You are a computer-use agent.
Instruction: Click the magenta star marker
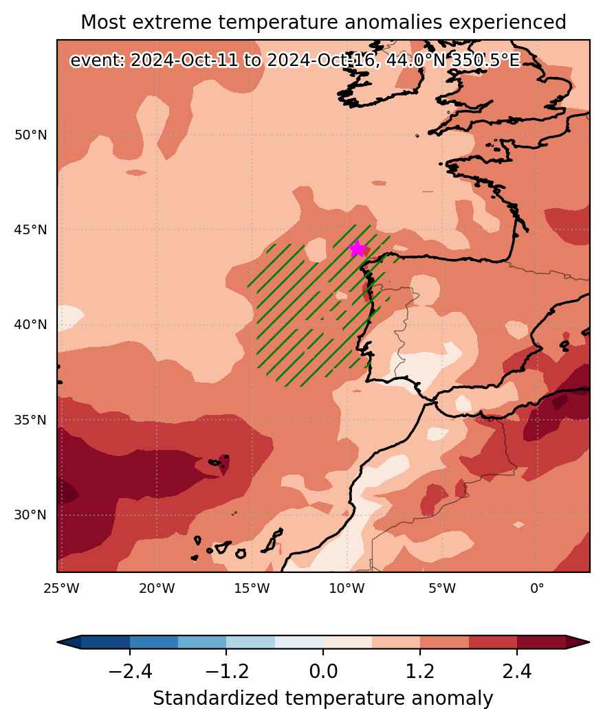pyautogui.click(x=358, y=249)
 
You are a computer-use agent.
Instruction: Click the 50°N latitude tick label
pyautogui.click(x=30, y=135)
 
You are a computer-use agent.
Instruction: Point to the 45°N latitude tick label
pyautogui.click(x=30, y=229)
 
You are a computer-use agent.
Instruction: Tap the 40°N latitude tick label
pyautogui.click(x=30, y=325)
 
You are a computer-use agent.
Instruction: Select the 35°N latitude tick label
pyautogui.click(x=30, y=420)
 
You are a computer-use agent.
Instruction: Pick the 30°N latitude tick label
pyautogui.click(x=30, y=515)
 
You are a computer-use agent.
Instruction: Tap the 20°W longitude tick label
pyautogui.click(x=157, y=589)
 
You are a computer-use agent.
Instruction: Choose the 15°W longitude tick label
pyautogui.click(x=252, y=589)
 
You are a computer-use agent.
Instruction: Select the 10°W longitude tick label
pyautogui.click(x=347, y=589)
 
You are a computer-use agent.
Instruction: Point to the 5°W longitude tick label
pyautogui.click(x=441, y=589)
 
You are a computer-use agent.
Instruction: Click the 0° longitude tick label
pyautogui.click(x=537, y=589)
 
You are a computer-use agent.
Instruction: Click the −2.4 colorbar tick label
pyautogui.click(x=130, y=673)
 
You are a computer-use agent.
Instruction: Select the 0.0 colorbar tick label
pyautogui.click(x=323, y=673)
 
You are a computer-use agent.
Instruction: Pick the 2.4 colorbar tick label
pyautogui.click(x=517, y=673)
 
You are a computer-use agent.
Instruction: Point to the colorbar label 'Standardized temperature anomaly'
pyautogui.click(x=322, y=699)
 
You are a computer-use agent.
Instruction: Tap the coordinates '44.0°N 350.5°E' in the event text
pyautogui.click(x=453, y=60)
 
